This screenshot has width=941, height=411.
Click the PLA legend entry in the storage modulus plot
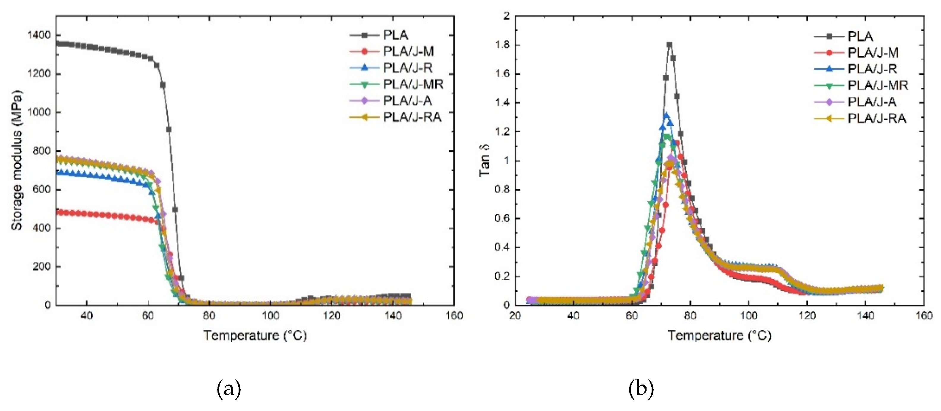[395, 35]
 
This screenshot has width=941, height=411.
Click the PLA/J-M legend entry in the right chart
[873, 53]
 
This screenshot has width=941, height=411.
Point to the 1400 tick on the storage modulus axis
[39, 35]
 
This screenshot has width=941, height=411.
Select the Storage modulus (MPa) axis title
[16, 160]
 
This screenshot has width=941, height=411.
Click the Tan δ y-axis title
[484, 160]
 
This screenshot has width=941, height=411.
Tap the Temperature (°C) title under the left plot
[255, 335]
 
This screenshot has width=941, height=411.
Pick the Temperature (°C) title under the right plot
[719, 335]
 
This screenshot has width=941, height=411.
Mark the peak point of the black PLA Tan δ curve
[669, 45]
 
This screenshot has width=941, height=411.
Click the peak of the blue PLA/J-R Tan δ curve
[666, 115]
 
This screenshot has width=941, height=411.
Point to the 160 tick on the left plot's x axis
[454, 316]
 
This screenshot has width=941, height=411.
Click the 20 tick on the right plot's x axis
[515, 316]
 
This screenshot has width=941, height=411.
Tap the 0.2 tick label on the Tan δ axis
[502, 277]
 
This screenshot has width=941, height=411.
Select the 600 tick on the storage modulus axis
[41, 189]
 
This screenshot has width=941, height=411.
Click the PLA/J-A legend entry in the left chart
[407, 101]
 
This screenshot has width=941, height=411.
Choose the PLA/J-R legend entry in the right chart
[872, 69]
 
